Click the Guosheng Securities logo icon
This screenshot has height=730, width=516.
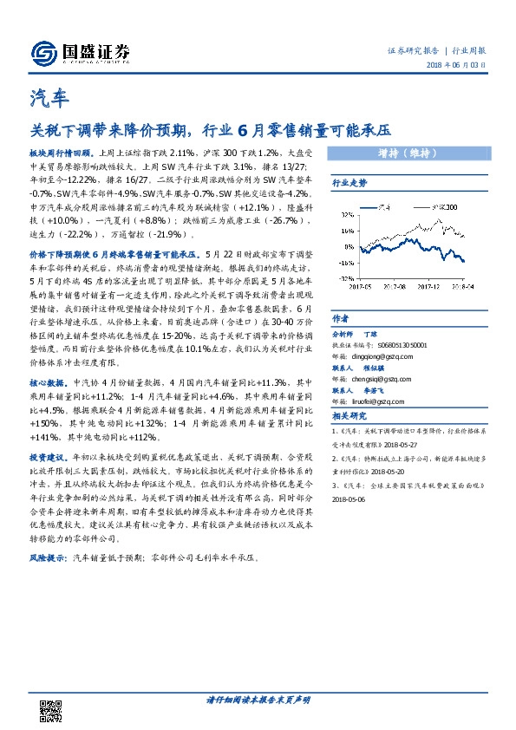point(42,54)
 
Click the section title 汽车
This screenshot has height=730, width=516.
point(44,97)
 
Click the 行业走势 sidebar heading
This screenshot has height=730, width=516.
point(349,184)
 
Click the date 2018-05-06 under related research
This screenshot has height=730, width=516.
point(353,499)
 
